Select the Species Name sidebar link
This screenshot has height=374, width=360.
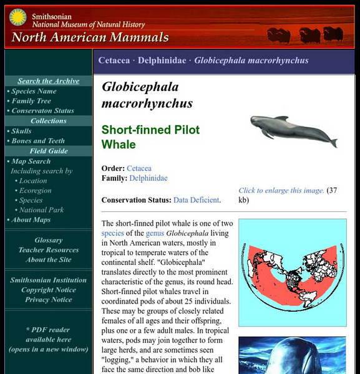pyautogui.click(x=34, y=91)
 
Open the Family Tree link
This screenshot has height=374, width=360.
pyautogui.click(x=31, y=101)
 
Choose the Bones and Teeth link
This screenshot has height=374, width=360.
pyautogui.click(x=39, y=141)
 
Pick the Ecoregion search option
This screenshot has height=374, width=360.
pyautogui.click(x=35, y=191)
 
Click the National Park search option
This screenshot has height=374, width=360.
pyautogui.click(x=41, y=210)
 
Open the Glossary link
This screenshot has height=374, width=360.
pyautogui.click(x=49, y=241)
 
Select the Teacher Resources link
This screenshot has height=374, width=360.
pyautogui.click(x=49, y=251)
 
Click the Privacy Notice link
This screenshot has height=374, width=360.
pyautogui.click(x=49, y=300)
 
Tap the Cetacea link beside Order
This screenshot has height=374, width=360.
pyautogui.click(x=139, y=168)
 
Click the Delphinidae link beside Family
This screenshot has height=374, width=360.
pyautogui.click(x=148, y=178)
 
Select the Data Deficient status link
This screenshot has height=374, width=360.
pyautogui.click(x=197, y=200)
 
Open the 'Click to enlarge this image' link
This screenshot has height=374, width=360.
pyautogui.click(x=281, y=191)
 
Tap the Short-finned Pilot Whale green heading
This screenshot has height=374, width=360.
pyautogui.click(x=150, y=137)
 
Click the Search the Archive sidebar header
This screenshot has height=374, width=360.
pyautogui.click(x=49, y=81)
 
